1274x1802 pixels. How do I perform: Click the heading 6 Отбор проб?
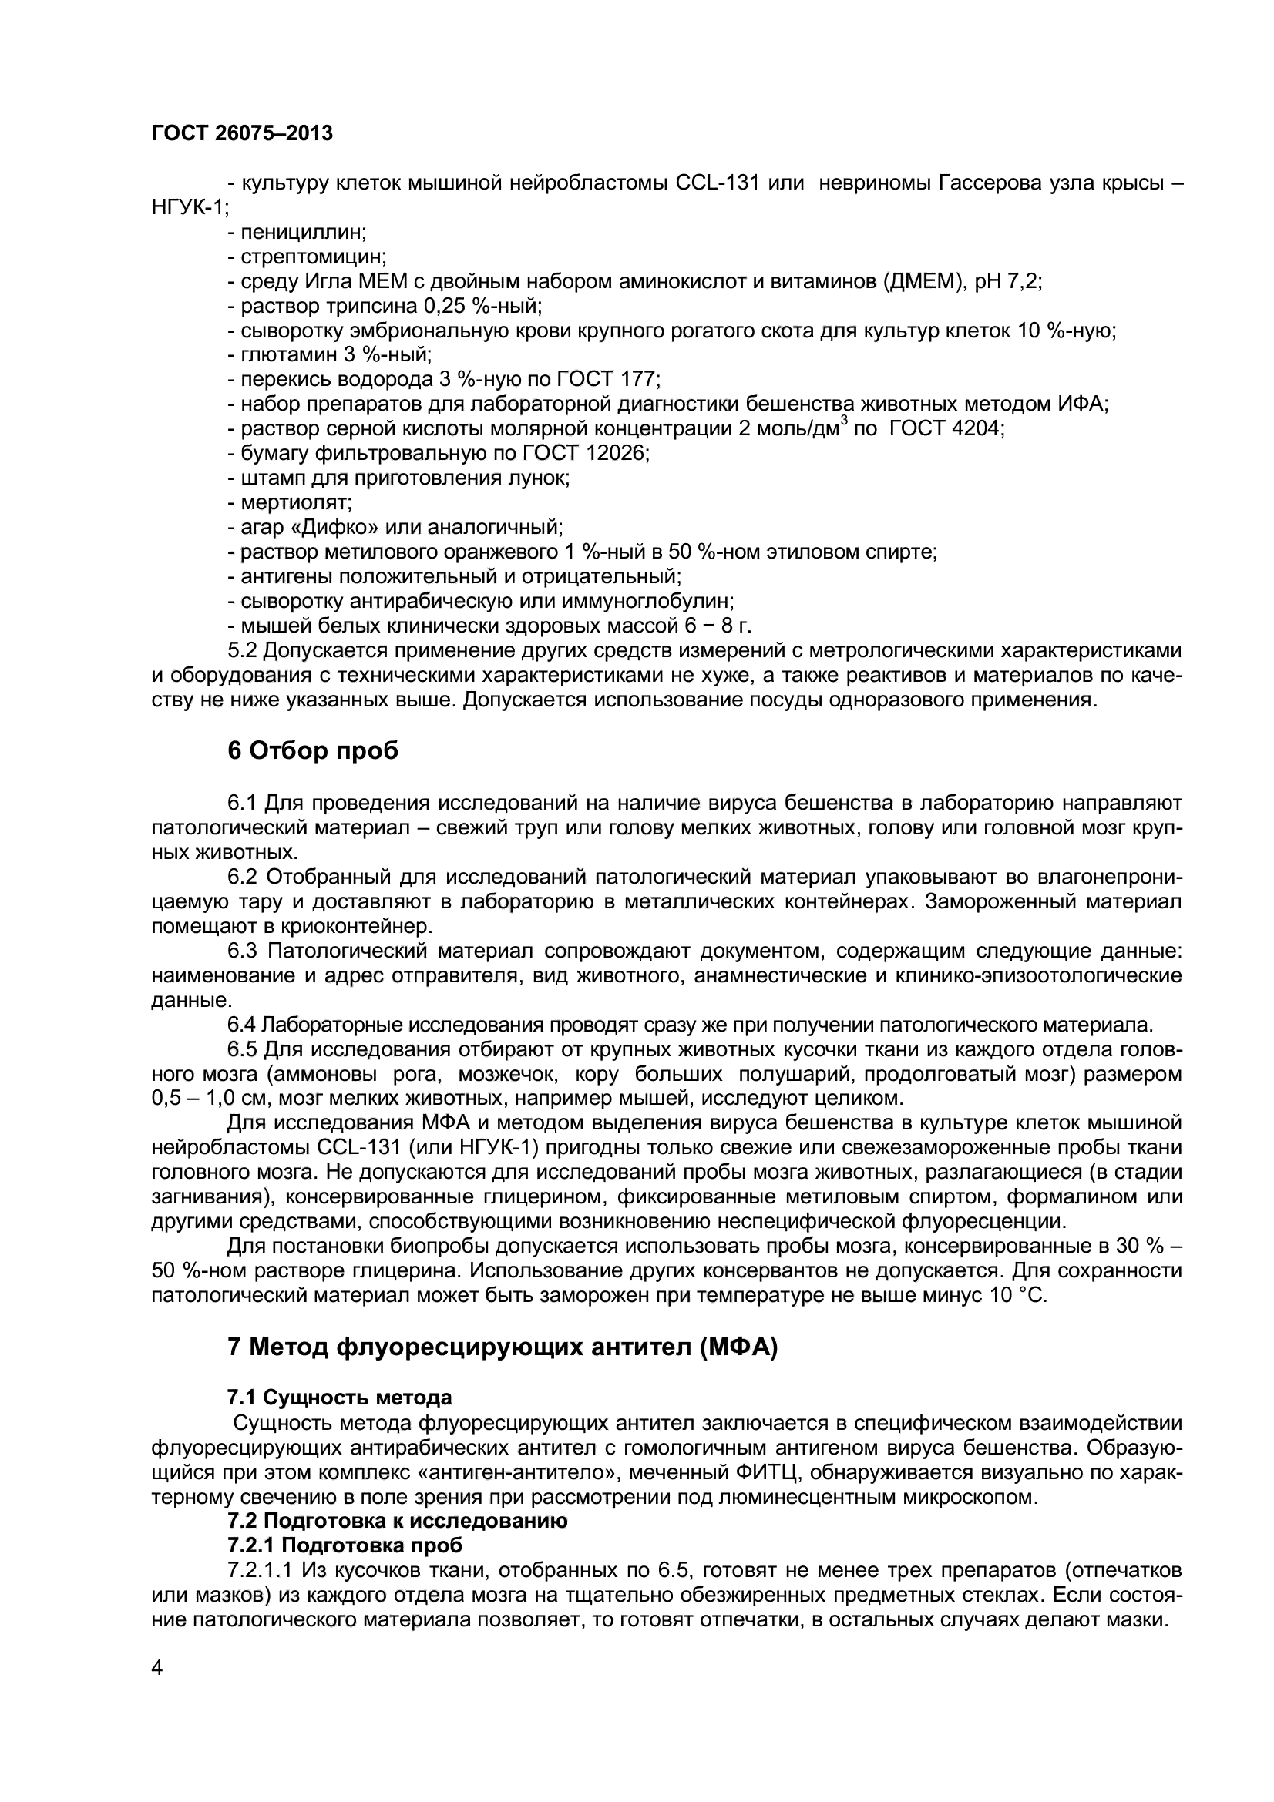pyautogui.click(x=312, y=751)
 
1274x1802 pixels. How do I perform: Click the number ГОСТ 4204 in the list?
pyautogui.click(x=946, y=428)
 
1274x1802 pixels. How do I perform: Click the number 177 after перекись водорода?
pyautogui.click(x=644, y=379)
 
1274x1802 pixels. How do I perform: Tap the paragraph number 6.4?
pyautogui.click(x=242, y=1024)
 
